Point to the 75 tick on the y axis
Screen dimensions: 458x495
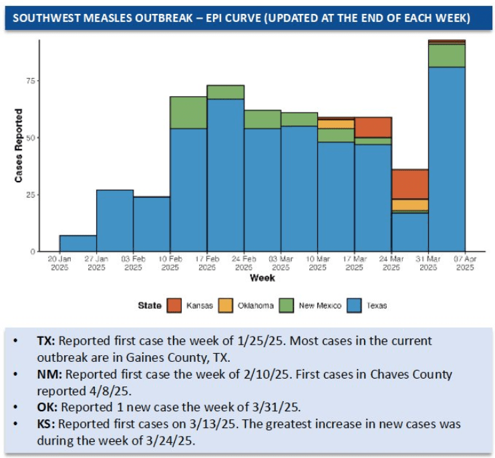point(31,81)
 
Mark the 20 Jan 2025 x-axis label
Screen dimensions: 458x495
point(59,262)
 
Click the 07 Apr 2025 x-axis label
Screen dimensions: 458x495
point(464,262)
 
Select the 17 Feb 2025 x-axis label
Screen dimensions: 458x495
point(207,262)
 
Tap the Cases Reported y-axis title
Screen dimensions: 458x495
point(19,146)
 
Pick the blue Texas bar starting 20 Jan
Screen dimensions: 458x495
point(78,243)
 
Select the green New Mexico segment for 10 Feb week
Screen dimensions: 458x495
point(188,113)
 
